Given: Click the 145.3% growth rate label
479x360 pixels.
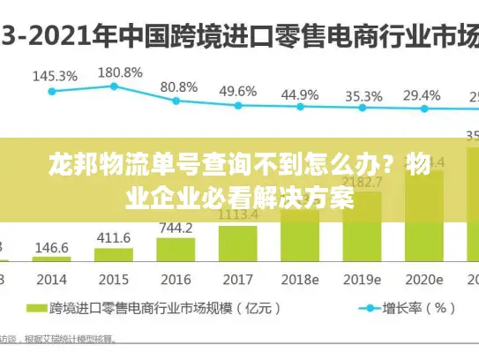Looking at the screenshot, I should pos(54,76).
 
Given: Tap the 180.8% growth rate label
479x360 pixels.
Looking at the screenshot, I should pos(119,72).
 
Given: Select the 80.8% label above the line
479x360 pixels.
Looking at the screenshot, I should pos(179,87).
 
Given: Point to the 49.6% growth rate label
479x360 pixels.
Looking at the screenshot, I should pos(238,91).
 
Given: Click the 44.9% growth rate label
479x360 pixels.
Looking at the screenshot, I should pos(300,94).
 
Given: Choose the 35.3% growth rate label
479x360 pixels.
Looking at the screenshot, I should pos(363,96).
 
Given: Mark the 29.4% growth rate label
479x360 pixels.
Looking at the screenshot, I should pos(422,95).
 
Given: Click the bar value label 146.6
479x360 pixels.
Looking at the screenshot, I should pos(52,249).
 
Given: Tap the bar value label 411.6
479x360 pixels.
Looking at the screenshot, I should pos(114,238).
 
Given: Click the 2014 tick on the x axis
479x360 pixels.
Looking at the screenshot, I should pos(51,279).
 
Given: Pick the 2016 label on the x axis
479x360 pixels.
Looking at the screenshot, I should pos(176,279).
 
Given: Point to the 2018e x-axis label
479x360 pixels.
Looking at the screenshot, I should pos(300,279).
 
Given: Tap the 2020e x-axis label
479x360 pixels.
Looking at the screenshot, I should pos(423,279).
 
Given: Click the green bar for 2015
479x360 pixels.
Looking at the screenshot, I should pos(114,255).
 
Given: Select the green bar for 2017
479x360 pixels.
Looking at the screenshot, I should pos(238,243).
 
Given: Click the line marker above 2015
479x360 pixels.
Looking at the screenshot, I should pos(114,86).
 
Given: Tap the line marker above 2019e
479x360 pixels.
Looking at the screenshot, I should pos(362,109).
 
